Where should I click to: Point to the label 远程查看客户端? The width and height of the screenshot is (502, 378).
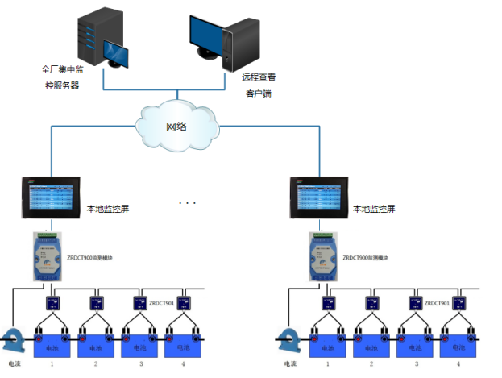click(259, 85)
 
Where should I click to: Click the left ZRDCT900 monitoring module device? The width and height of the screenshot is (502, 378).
click(50, 255)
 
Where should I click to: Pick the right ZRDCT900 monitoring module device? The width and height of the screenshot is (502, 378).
click(322, 255)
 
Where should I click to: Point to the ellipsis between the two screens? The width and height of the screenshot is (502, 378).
click(187, 202)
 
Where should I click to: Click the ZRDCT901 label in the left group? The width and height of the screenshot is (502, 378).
click(162, 303)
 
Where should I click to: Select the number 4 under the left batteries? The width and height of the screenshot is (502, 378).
click(185, 364)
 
